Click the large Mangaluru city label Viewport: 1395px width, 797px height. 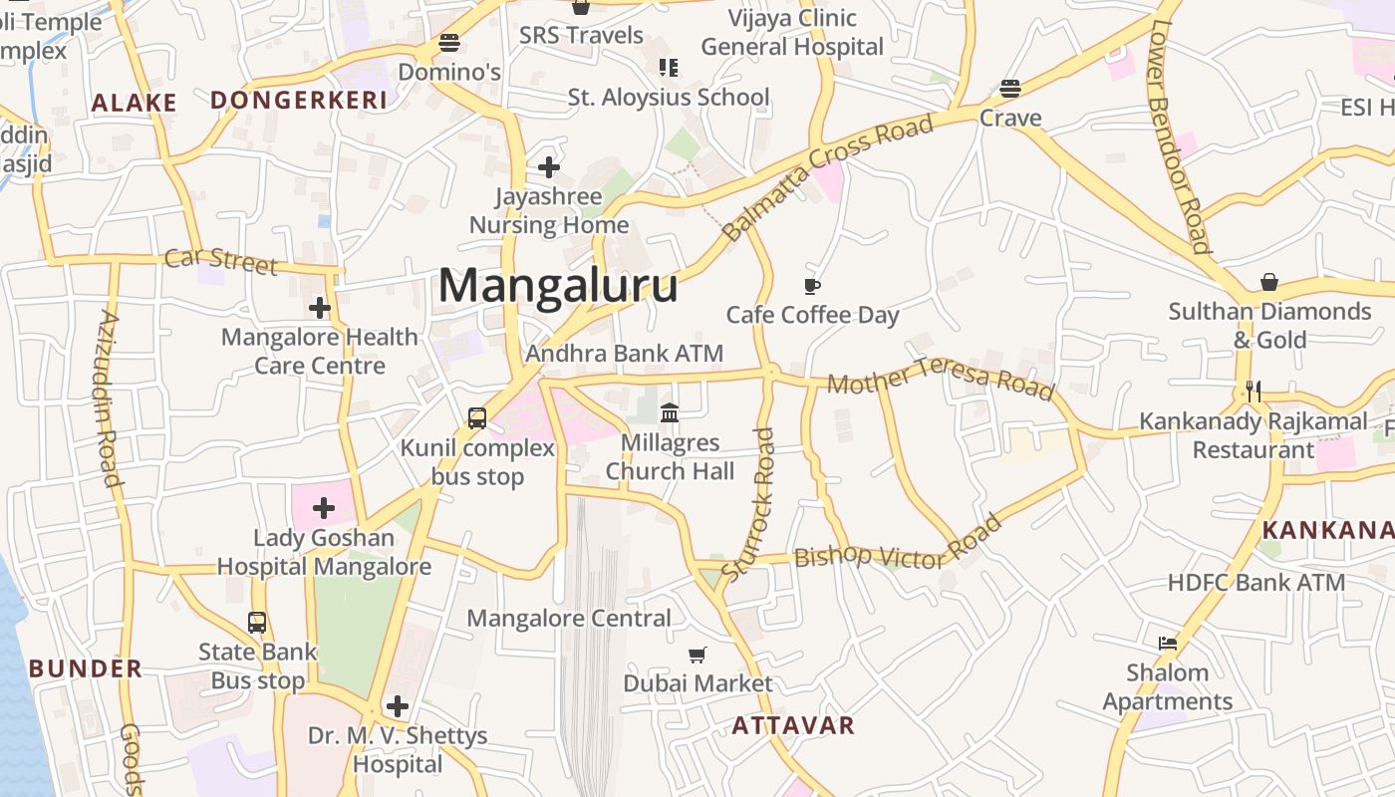558,286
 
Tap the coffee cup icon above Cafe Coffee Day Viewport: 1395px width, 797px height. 812,287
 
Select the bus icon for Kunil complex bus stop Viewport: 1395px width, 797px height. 477,418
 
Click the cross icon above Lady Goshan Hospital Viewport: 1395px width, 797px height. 324,509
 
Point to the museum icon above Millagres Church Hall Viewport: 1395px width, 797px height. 670,412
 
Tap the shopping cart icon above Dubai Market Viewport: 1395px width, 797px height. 697,655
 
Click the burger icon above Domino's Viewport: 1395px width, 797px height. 449,44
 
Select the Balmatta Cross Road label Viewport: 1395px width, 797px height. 828,177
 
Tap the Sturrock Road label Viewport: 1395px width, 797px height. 748,505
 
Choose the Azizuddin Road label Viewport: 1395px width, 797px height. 109,398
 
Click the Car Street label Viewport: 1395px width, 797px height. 221,261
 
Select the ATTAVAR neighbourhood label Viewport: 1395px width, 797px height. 793,725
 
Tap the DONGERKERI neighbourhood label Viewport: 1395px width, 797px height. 299,101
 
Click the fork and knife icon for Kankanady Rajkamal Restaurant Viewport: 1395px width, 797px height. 1254,392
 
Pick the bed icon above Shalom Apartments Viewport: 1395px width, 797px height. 1168,644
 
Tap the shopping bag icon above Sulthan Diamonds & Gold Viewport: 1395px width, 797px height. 1269,282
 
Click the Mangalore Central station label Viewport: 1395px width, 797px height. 569,618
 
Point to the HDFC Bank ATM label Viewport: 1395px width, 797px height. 1255,582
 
